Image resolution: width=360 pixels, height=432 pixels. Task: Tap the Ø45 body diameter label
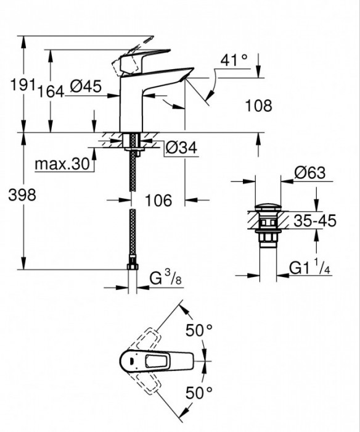tap(86, 87)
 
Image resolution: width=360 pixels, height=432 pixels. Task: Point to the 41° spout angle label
tap(234, 60)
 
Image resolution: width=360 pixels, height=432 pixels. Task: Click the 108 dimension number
tap(258, 106)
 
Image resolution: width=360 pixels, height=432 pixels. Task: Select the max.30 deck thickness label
tap(62, 165)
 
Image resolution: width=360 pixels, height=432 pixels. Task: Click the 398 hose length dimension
tap(21, 196)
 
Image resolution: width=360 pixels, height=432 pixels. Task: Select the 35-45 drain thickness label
tap(315, 221)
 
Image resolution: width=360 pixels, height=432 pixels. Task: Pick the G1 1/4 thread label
tap(313, 268)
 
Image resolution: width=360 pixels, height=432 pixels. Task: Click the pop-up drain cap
tap(268, 207)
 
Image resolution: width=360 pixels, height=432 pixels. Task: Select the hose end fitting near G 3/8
tap(131, 267)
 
